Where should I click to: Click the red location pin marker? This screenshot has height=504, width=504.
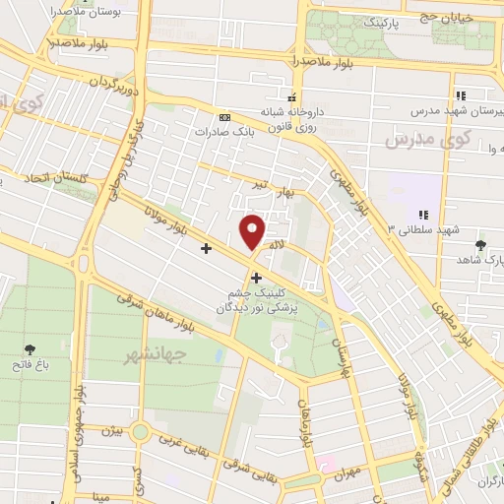(x=253, y=231)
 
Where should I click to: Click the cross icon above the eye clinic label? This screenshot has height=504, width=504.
(x=257, y=278)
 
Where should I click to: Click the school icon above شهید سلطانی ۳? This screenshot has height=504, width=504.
(x=423, y=215)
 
